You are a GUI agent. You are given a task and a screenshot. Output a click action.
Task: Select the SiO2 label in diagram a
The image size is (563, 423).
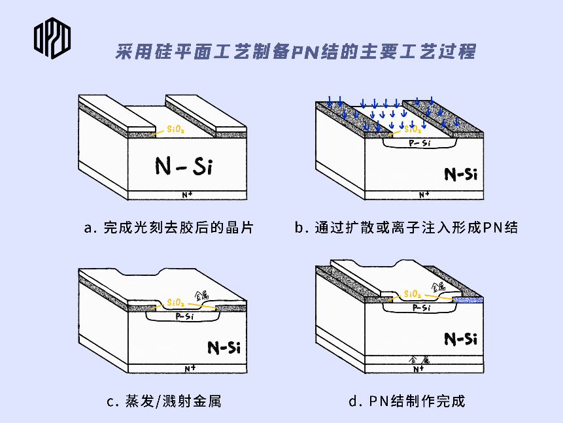[x=176, y=129]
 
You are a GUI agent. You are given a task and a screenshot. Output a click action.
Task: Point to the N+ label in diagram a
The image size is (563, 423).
[x=187, y=195]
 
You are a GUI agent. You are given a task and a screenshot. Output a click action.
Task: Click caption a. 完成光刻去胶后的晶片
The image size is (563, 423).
[x=169, y=228]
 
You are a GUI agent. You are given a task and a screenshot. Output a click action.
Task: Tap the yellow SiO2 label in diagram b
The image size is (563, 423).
[x=413, y=129]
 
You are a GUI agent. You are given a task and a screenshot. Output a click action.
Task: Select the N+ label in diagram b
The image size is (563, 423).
[x=424, y=194]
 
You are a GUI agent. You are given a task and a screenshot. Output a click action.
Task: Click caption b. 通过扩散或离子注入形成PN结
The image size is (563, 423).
[x=406, y=228]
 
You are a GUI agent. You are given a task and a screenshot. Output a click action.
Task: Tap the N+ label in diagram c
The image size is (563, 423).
[x=190, y=369]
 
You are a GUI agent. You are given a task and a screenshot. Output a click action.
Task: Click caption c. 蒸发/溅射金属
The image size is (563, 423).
[x=164, y=401]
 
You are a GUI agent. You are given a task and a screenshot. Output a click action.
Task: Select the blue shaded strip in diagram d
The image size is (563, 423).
[x=471, y=299]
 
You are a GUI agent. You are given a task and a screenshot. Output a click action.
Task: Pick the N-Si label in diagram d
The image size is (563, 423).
[x=461, y=338]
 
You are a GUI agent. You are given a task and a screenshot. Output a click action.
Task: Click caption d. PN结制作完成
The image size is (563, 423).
[x=407, y=401]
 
